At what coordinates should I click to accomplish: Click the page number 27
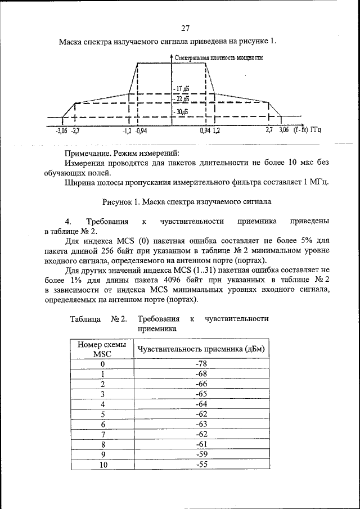(186, 29)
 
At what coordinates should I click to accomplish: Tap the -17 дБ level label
(182, 89)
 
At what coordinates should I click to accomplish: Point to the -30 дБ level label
(181, 111)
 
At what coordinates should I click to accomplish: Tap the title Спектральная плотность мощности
(219, 57)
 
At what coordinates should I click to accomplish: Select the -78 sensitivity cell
(201, 363)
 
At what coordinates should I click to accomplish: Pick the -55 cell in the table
(201, 465)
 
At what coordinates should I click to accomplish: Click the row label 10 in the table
(103, 465)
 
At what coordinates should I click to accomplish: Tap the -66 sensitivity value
(201, 384)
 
